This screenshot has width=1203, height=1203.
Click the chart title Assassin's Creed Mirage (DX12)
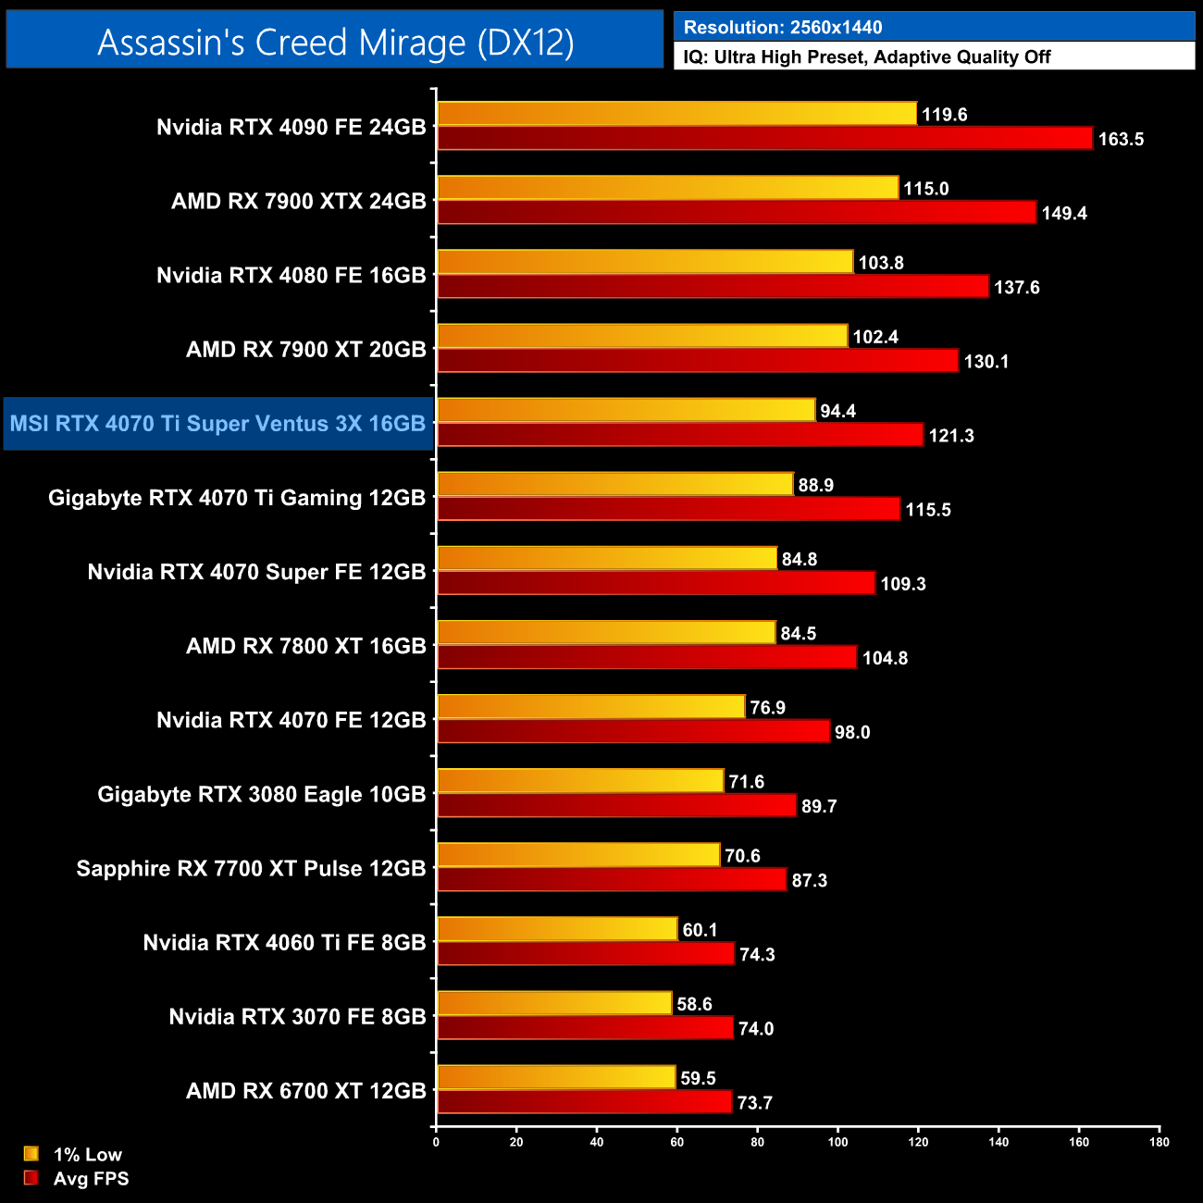335,43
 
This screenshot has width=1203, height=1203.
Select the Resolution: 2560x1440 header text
782,28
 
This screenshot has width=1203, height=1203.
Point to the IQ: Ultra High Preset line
866,57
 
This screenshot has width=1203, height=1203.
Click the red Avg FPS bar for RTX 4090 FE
764,139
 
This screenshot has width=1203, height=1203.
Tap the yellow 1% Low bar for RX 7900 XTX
667,188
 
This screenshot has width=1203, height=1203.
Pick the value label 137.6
1016,288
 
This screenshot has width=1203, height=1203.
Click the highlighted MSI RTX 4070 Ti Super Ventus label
217,424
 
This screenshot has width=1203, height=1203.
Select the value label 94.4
837,411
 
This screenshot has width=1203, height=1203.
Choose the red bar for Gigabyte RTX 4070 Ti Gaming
668,509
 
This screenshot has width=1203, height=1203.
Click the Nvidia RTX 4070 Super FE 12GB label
256,572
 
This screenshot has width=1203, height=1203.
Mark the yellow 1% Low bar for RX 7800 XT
606,633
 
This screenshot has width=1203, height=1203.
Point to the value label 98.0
851,733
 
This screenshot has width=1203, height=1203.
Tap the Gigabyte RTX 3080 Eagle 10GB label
261,795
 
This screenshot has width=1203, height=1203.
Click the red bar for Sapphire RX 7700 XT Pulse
612,880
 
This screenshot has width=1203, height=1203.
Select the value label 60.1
700,930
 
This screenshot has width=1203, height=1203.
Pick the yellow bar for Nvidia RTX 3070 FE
554,1003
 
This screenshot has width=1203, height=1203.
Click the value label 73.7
754,1103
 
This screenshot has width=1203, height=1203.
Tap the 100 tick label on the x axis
837,1142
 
